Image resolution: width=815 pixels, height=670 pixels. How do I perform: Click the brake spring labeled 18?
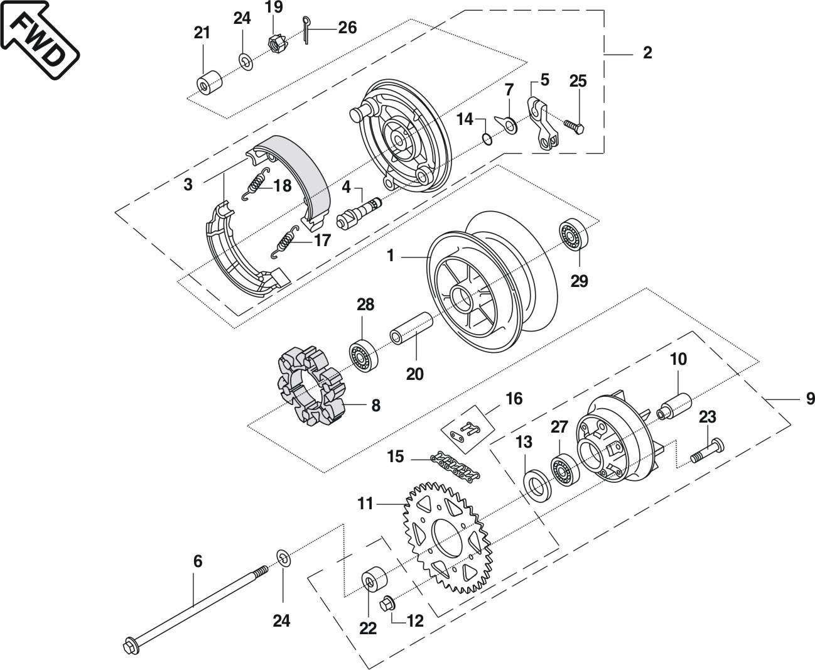[255, 185]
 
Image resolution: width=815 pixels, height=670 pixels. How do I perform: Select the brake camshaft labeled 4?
[359, 213]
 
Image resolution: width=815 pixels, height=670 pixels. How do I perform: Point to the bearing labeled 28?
[362, 356]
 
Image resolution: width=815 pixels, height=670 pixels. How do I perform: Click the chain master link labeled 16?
[465, 432]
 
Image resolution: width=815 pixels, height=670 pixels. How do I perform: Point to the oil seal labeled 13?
[537, 485]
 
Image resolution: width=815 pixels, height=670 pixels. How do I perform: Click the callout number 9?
[809, 398]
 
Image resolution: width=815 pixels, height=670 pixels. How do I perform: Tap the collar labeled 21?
[209, 84]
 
